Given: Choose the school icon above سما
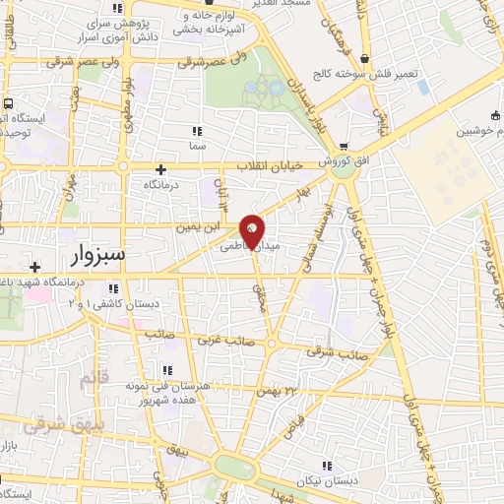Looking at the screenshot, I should pyautogui.click(x=197, y=130).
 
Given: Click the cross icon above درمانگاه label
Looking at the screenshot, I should pyautogui.click(x=161, y=169).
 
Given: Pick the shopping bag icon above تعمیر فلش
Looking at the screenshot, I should pyautogui.click(x=366, y=58).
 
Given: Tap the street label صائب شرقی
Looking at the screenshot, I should pyautogui.click(x=344, y=351).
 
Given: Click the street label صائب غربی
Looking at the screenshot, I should pyautogui.click(x=228, y=343).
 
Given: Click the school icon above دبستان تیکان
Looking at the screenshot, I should pyautogui.click(x=326, y=465).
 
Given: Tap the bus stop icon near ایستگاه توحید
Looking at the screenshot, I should pyautogui.click(x=9, y=103).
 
